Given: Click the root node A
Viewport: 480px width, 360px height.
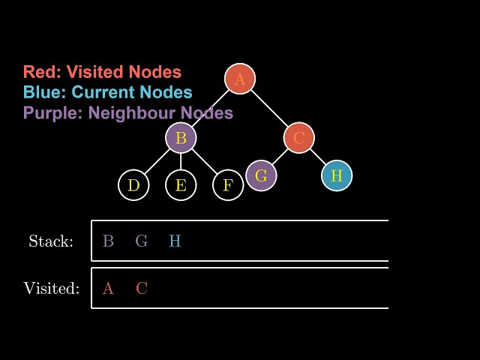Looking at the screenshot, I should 240,79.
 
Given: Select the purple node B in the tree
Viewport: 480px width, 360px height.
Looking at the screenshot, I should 181,138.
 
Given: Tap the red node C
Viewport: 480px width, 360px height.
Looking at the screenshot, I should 298,138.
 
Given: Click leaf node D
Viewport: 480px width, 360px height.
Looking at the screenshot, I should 133,185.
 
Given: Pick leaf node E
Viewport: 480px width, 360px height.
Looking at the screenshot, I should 181,185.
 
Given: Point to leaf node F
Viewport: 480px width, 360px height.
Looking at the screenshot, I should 228,185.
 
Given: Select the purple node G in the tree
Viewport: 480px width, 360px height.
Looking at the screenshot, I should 261,175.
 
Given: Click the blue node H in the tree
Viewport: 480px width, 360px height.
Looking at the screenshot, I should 337,175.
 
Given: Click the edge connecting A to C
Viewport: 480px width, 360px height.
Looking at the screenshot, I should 269,109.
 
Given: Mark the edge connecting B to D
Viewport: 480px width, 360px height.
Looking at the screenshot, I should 157,162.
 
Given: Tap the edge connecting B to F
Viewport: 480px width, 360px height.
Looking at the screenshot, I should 205,162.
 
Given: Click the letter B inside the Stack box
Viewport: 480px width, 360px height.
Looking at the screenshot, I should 108,241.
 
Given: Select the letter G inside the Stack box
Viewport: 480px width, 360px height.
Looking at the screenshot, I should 142,241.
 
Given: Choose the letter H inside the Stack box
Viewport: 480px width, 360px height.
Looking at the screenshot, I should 175,241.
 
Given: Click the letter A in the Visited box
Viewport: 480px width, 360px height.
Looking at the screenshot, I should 108,288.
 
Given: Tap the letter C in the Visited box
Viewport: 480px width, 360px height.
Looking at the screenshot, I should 142,288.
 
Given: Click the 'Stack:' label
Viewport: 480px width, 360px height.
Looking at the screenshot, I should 51,241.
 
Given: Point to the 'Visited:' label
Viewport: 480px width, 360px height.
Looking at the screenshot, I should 51,288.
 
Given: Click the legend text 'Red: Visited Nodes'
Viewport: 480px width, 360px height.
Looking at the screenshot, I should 102,72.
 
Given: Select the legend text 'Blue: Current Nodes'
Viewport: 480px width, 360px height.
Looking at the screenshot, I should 107,92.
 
